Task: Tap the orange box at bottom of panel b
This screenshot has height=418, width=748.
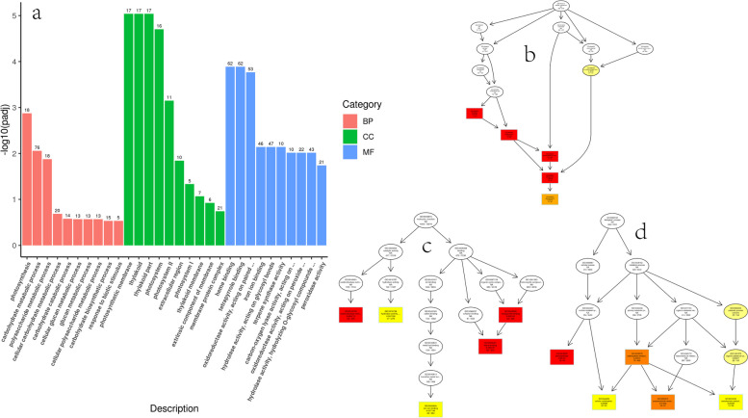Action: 550,198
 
